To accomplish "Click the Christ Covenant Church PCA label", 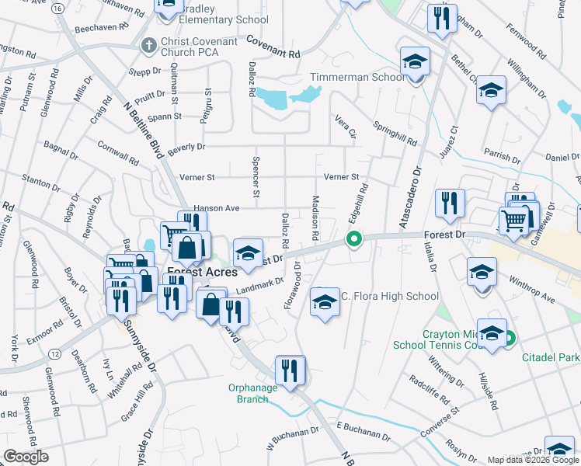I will click(x=190, y=45).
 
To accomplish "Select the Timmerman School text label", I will click(x=357, y=77).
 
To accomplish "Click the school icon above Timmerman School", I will click(x=415, y=63).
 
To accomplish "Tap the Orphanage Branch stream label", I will click(x=252, y=393).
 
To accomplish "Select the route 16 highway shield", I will click(x=59, y=8).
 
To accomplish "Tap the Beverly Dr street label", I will click(x=186, y=146).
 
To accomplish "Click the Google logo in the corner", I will click(x=26, y=457).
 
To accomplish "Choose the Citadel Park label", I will click(x=550, y=357).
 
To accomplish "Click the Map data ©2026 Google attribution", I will click(x=532, y=460).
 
